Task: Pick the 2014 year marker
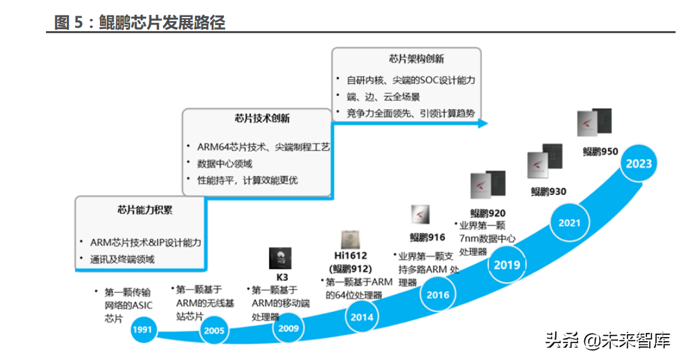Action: tap(363, 316)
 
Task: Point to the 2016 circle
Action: tap(437, 295)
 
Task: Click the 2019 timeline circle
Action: tap(507, 265)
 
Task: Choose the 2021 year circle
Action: tap(569, 223)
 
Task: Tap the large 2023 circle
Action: tap(638, 164)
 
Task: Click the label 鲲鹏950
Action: tap(601, 152)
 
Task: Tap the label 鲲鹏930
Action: tap(548, 192)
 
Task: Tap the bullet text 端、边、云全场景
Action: tap(383, 97)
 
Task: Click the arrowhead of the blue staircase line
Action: tap(482, 123)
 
